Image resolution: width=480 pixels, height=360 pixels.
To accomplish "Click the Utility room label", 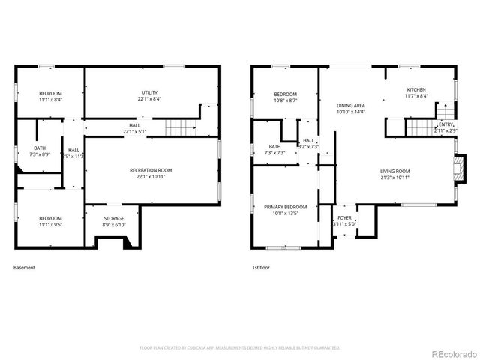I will tap(150, 94).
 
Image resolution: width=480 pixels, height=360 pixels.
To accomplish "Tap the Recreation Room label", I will tap(151, 174).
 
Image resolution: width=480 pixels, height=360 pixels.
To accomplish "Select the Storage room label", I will tap(114, 221).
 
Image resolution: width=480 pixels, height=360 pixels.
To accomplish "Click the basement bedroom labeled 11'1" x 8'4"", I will tap(51, 95).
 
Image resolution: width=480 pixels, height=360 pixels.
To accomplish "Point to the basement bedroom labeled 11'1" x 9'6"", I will tap(51, 221).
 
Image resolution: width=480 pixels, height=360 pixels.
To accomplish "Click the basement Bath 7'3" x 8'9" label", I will tap(39, 150).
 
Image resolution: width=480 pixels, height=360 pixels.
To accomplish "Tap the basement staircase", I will tap(180, 127).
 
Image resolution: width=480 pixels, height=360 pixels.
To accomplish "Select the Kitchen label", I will tap(416, 92).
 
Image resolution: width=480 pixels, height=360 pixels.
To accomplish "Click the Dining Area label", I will tap(350, 109).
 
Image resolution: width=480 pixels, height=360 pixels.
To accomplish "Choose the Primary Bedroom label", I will tap(285, 209).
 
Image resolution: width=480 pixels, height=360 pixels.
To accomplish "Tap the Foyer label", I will tap(344, 220).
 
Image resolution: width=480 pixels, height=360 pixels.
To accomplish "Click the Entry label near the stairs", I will tap(445, 127).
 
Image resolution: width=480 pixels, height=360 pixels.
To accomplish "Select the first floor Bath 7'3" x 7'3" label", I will tap(275, 149).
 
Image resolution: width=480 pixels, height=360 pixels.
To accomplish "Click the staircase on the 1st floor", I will tap(420, 127).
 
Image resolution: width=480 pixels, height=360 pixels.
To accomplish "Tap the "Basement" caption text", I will tap(24, 267).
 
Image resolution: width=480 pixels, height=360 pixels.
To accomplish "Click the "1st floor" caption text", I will tap(261, 267).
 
